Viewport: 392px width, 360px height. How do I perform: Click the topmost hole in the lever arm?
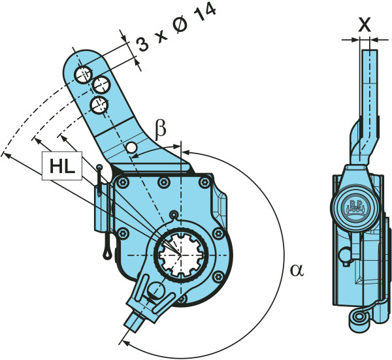point(82,74)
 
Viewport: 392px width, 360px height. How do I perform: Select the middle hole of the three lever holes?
point(101,84)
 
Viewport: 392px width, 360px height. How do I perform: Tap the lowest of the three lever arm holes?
point(99,103)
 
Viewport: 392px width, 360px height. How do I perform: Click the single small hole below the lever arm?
point(133,148)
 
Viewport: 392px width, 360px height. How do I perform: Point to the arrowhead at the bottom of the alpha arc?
point(124,340)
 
